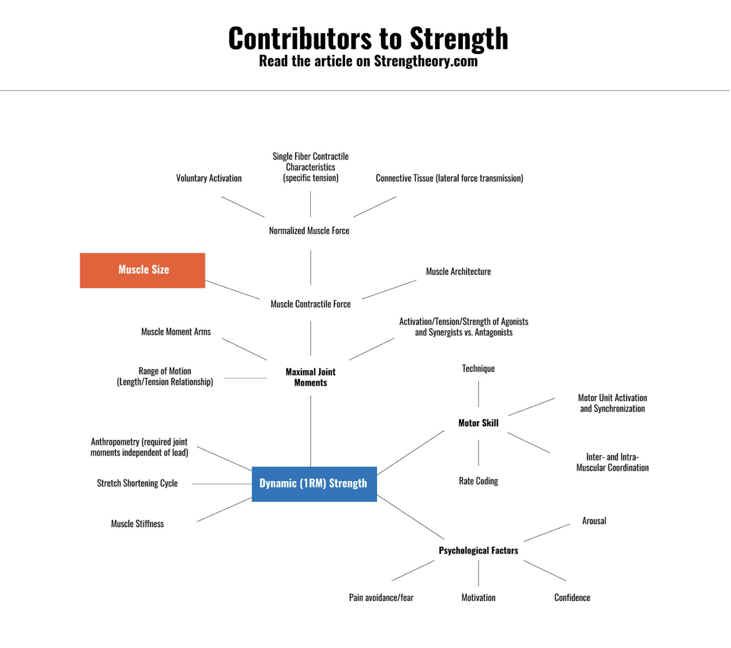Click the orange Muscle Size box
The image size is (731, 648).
click(143, 270)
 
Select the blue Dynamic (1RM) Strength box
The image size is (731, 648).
click(314, 484)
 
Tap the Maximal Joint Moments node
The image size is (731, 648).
click(311, 377)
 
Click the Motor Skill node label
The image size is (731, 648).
click(478, 423)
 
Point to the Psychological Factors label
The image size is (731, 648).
click(478, 550)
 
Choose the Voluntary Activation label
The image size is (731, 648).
click(209, 178)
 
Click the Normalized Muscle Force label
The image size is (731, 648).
click(309, 231)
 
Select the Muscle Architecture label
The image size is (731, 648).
click(458, 271)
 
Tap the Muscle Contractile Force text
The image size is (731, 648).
click(311, 304)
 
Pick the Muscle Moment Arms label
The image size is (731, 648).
click(176, 332)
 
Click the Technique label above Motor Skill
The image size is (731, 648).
click(478, 369)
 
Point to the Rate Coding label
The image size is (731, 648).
click(478, 481)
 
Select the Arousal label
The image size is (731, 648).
click(594, 521)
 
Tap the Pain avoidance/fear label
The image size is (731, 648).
click(381, 597)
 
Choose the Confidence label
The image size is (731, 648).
click(572, 597)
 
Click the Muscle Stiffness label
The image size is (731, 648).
click(137, 524)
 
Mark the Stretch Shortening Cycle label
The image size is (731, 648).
click(137, 483)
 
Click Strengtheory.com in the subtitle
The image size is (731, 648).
click(425, 61)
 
